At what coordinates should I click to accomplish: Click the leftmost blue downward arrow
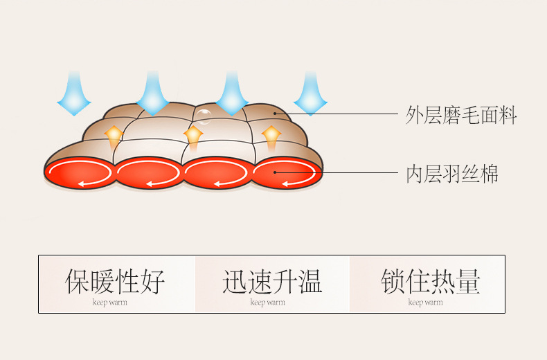74,94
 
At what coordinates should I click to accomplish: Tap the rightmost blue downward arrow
310,94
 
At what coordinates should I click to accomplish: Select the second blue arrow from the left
153,94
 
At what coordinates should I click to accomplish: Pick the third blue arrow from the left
232,94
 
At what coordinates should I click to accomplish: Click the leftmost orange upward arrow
114,138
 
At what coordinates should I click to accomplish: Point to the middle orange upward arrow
193,138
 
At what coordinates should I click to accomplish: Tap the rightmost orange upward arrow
271,138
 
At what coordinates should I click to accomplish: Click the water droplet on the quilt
203,116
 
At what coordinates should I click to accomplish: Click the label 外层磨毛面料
461,115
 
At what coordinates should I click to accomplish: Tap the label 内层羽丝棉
451,174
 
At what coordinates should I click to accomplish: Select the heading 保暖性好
115,281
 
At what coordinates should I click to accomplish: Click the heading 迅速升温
272,281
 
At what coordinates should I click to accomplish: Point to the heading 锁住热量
431,281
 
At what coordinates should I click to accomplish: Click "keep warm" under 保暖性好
110,303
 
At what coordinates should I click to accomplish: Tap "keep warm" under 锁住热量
426,303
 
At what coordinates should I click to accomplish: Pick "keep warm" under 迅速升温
267,303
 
